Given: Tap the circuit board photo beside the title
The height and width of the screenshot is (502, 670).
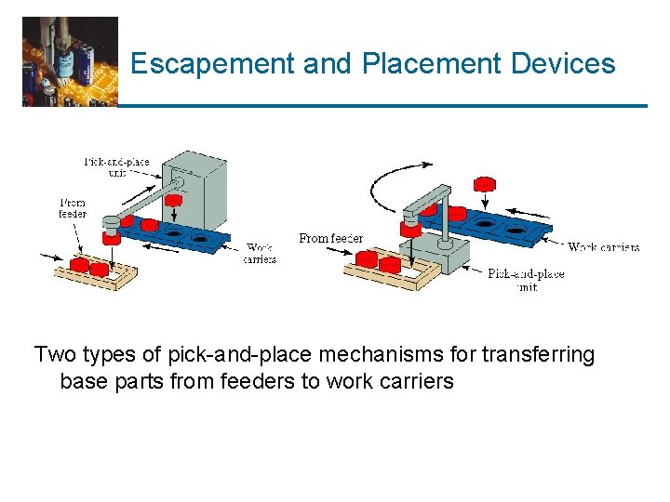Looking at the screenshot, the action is pos(70,61).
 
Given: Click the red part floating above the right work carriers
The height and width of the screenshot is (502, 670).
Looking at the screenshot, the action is pos(484,184).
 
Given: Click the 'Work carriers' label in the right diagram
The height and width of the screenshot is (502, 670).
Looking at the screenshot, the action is pos(603,247).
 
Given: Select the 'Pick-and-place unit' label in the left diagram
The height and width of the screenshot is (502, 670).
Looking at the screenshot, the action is pos(116,167).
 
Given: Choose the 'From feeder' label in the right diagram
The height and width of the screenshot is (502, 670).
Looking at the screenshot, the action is pos(330,239).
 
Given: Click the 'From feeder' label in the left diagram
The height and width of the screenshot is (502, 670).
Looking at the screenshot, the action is pos(73,207).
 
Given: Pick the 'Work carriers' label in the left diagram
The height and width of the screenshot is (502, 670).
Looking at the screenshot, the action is pos(260,253).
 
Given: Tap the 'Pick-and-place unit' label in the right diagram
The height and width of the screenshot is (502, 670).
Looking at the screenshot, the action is pos(526,280).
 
